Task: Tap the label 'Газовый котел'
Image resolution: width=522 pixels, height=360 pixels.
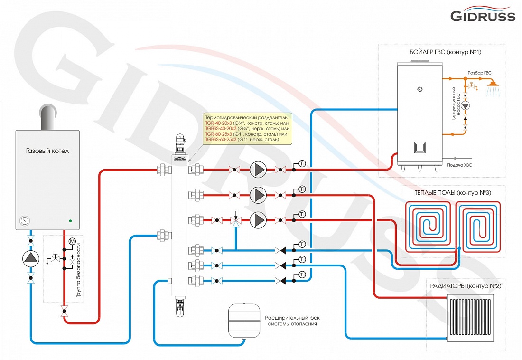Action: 47,151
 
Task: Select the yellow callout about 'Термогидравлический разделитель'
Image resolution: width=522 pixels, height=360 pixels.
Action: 246,128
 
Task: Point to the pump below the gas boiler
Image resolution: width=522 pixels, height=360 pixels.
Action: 31,258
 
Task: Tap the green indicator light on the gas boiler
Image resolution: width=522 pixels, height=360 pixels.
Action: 70,220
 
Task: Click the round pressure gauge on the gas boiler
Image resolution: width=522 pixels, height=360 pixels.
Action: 24,221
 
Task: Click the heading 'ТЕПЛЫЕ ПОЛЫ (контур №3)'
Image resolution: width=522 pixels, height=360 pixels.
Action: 446,192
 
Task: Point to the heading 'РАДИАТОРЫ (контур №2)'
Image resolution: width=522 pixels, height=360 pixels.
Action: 466,286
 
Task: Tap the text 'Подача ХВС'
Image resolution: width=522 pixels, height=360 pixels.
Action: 460,165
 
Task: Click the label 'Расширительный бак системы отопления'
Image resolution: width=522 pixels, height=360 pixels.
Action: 291,320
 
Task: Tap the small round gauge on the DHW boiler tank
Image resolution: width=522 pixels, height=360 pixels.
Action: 419,89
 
